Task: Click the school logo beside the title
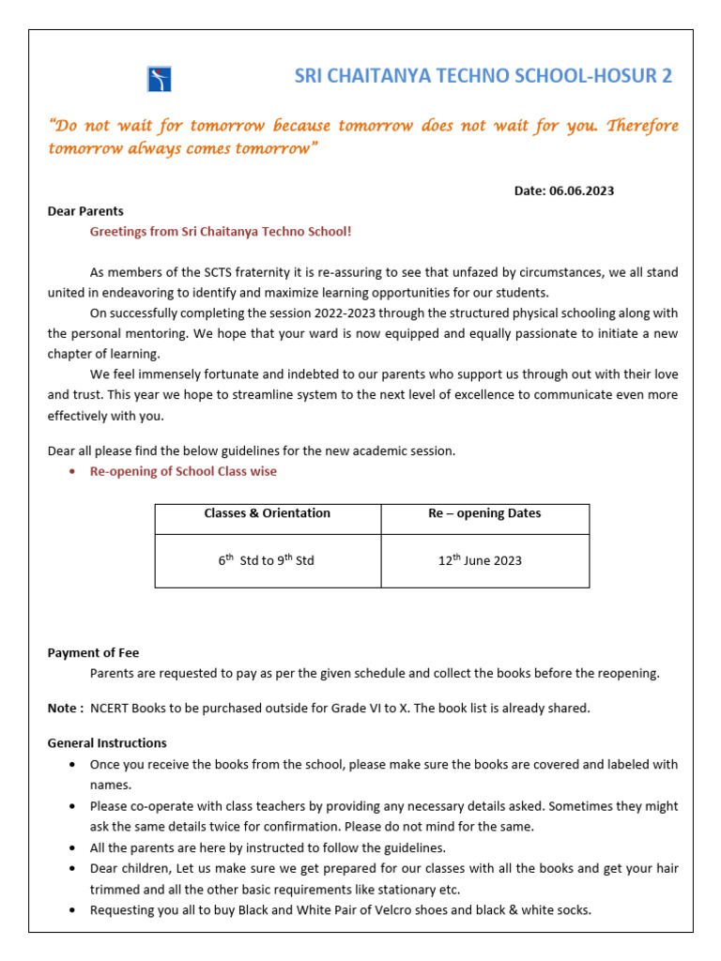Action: (x=159, y=79)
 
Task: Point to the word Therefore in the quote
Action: (x=642, y=126)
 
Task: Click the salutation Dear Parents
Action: (x=85, y=211)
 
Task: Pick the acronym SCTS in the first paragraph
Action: (x=222, y=272)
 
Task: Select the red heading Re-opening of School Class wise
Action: (x=183, y=471)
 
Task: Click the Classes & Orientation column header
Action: (x=268, y=513)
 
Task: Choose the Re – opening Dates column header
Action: (x=484, y=513)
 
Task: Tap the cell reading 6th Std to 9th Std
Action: (x=267, y=560)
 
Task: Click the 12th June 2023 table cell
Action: (x=480, y=560)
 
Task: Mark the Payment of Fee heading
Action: (x=93, y=653)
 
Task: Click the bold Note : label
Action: (x=66, y=708)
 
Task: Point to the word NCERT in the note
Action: (x=109, y=708)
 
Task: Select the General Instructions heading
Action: (x=107, y=743)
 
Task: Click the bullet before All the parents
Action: (x=73, y=847)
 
